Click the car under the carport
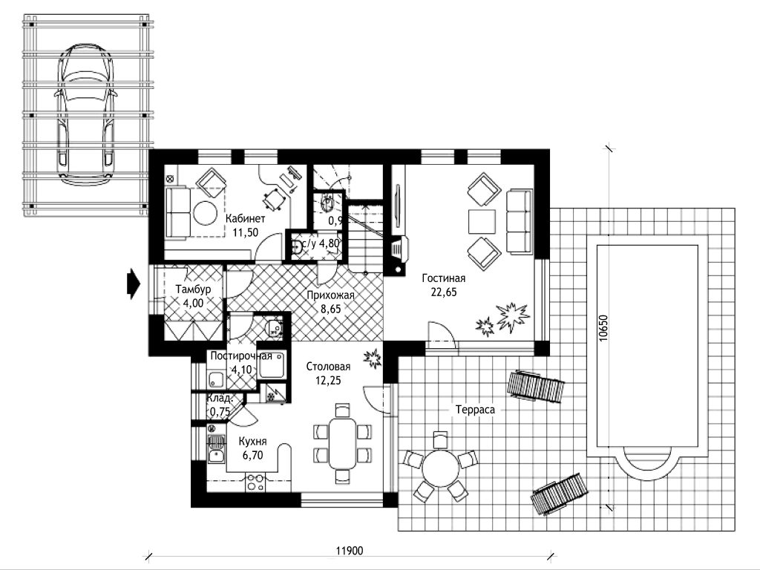85,114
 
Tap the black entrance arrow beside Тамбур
134,284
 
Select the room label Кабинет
245,219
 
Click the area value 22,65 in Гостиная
444,292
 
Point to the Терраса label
475,410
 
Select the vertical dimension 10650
603,329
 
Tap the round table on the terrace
440,468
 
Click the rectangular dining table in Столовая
343,444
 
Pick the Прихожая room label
331,295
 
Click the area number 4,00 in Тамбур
193,304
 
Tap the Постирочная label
241,356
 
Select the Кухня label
252,442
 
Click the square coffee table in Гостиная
482,222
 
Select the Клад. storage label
220,399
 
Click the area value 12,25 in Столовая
329,381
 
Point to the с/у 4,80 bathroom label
321,243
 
